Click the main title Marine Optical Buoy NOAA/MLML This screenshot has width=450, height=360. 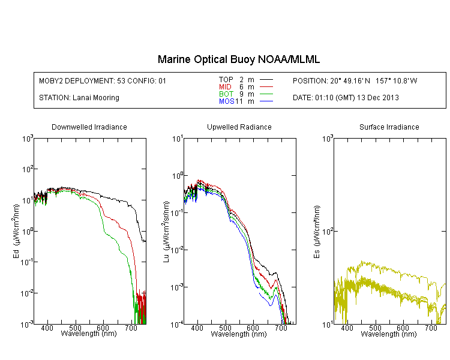238,59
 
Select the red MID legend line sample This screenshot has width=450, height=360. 266,86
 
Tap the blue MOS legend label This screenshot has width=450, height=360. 227,101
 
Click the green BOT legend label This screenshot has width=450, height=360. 226,94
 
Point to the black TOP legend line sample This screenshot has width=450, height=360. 266,80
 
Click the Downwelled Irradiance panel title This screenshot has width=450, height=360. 89,127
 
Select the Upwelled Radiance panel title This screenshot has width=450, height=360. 239,127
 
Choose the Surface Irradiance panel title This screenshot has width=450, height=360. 389,127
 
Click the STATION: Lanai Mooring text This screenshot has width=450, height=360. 79,98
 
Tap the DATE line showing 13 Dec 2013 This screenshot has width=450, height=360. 346,98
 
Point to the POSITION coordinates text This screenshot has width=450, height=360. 355,81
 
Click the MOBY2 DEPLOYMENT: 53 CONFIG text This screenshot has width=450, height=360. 103,81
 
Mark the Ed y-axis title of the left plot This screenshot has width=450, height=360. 16,232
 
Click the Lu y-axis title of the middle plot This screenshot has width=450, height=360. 166,232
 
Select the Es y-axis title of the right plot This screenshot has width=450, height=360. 317,232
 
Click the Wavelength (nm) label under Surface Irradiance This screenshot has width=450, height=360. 389,334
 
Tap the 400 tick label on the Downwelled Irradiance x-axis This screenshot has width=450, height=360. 47,328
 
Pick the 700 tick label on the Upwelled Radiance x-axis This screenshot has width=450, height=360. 281,328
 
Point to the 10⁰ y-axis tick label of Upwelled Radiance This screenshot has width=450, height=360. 178,176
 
